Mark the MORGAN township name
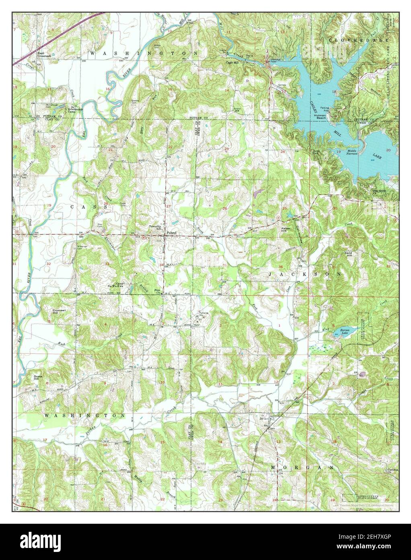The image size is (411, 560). point(302,467)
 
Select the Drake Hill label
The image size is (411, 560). point(38,377)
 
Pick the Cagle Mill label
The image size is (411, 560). point(233,63)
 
